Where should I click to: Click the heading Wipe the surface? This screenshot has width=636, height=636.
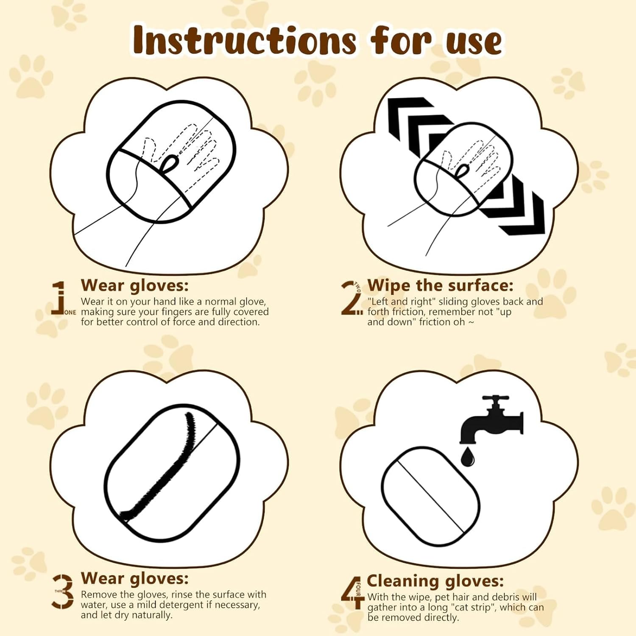tap(440, 285)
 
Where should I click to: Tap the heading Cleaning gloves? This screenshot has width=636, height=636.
tap(435, 580)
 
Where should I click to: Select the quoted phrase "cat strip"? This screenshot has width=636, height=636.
tap(471, 608)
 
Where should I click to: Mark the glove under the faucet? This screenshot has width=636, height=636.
tap(430, 496)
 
